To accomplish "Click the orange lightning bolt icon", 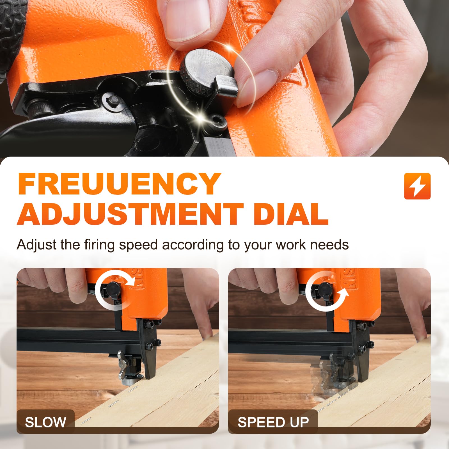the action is pos(417,186).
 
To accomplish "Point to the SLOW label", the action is pos(45,422).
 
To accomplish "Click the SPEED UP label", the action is pos(273,422).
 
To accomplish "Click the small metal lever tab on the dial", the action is pos(226,84).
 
